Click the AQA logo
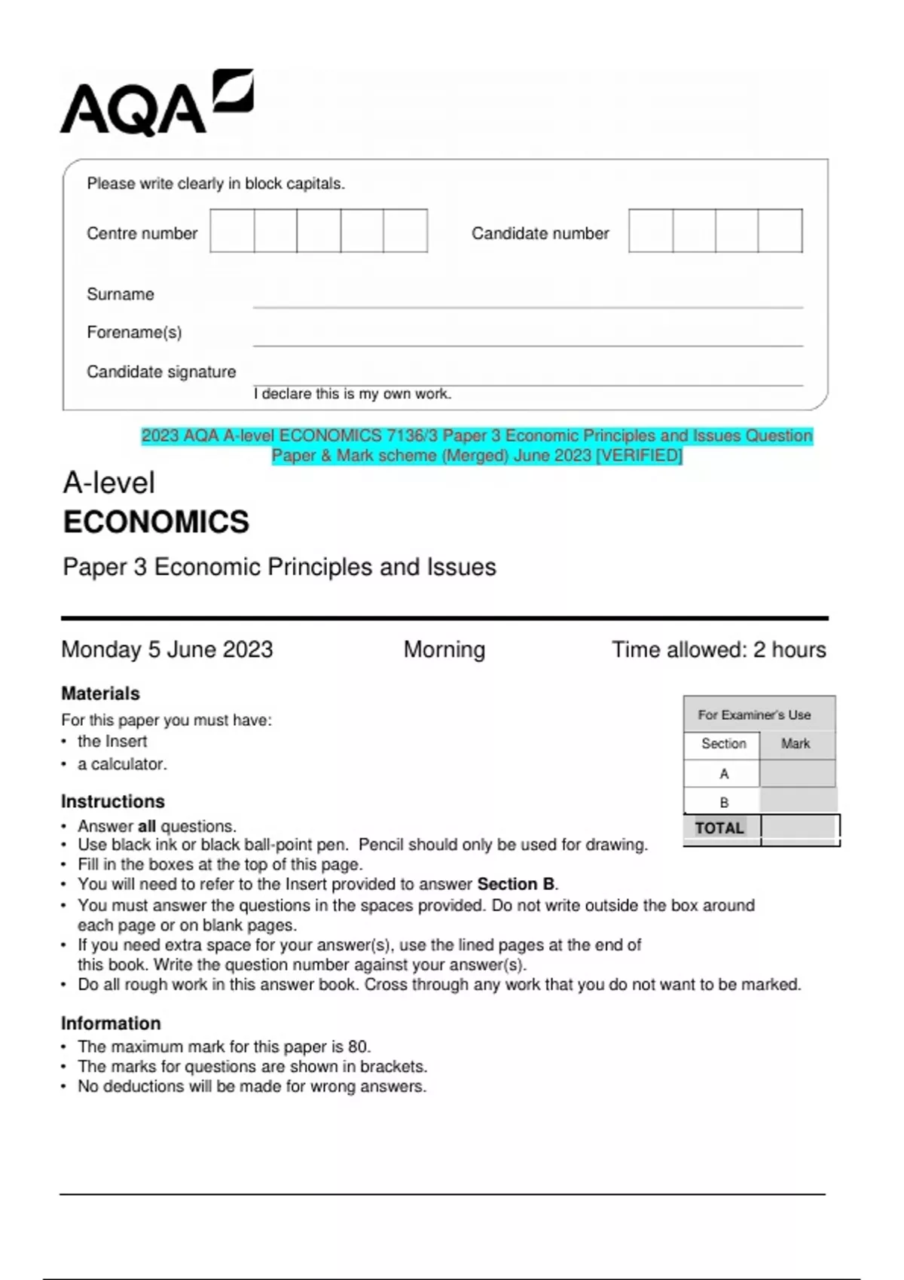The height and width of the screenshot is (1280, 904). click(156, 104)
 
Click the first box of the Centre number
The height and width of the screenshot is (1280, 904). click(232, 231)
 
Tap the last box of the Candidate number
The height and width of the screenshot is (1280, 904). click(780, 231)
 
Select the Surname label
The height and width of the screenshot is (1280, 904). click(121, 294)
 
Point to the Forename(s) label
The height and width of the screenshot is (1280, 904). click(134, 333)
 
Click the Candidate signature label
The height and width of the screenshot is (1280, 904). click(161, 372)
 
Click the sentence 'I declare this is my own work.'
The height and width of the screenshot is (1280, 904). click(353, 394)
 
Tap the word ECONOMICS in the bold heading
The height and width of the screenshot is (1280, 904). click(156, 523)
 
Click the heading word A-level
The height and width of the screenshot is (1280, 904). click(109, 483)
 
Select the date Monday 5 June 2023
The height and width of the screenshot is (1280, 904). click(167, 650)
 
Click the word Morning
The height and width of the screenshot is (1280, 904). click(444, 650)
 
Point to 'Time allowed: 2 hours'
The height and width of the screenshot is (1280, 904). click(719, 650)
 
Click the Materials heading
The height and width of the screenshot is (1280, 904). click(100, 693)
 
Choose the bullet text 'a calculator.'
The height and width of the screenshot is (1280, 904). click(122, 764)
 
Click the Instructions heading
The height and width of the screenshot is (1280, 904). click(113, 802)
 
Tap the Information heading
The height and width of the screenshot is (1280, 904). click(111, 1024)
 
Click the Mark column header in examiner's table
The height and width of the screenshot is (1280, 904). click(796, 744)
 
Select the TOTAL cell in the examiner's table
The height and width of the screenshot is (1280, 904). click(719, 828)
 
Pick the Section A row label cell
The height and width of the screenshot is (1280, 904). click(724, 774)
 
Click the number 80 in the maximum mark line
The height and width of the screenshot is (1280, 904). click(358, 1047)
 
